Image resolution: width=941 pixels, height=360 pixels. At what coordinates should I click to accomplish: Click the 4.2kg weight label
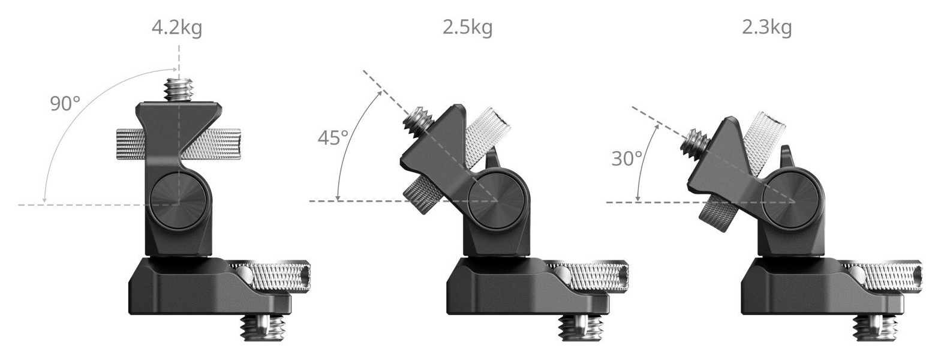[177, 28]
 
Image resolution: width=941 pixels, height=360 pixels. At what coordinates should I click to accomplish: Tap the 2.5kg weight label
[468, 28]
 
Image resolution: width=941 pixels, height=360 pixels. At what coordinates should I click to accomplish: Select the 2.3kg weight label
[766, 28]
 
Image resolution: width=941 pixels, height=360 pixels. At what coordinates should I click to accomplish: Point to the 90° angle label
[65, 104]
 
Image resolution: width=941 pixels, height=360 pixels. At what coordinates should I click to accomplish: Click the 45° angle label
[333, 138]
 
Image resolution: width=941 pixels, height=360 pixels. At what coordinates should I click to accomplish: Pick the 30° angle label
[627, 159]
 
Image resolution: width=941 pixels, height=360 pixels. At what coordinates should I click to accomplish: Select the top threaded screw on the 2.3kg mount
[695, 141]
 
